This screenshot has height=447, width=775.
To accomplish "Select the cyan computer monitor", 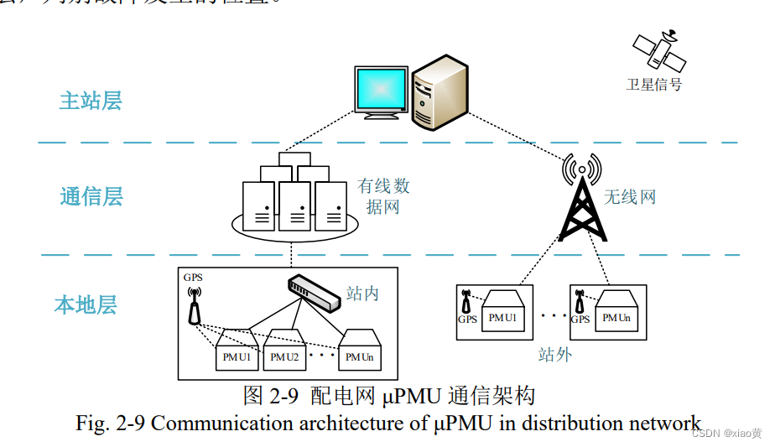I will [x=381, y=88].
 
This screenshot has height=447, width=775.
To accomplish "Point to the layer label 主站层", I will [x=91, y=101].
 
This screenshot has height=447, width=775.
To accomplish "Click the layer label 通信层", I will [x=91, y=196].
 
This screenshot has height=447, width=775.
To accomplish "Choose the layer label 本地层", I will [x=86, y=304].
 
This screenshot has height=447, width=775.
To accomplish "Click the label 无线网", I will [x=630, y=198].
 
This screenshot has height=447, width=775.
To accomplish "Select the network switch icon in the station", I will [x=314, y=294].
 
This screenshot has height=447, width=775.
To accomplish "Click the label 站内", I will [x=363, y=294].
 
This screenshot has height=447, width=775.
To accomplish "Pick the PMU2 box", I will [x=284, y=353].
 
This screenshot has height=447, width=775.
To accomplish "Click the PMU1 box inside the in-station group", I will [x=237, y=353].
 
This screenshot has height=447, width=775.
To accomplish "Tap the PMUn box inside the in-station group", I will [x=360, y=353].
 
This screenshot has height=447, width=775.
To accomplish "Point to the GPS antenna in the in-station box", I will [x=195, y=306].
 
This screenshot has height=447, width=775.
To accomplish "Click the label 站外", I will [x=554, y=355].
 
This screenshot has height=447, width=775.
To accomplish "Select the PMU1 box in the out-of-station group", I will [x=502, y=314].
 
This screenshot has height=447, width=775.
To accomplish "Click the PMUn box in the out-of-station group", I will [x=616, y=314].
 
